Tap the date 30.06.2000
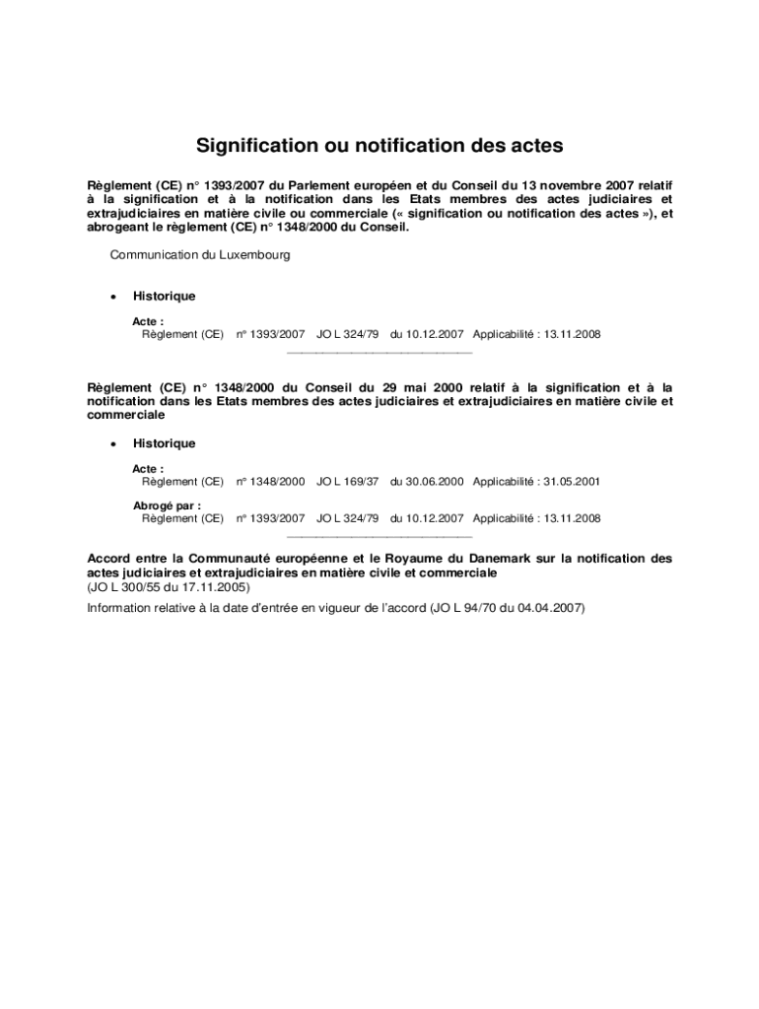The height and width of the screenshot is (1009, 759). coord(427,482)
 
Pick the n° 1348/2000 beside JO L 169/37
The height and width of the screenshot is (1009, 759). coord(271,482)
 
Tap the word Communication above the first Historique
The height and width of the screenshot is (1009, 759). coord(154,254)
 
